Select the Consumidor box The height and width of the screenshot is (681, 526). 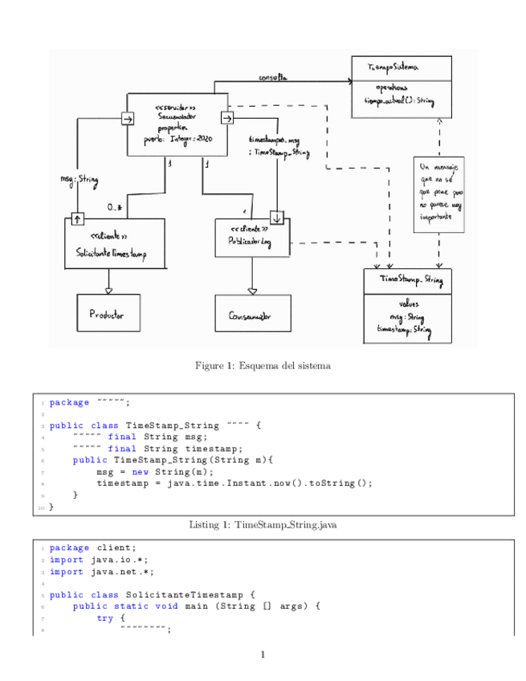[252, 316]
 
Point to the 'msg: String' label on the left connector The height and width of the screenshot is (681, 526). [79, 179]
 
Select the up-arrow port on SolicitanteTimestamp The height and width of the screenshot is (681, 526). [78, 219]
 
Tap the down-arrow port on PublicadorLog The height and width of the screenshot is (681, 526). [277, 218]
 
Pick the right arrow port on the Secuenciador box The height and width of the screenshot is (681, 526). [226, 119]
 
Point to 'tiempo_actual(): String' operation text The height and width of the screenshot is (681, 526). [399, 100]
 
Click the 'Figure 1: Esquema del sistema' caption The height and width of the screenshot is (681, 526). [263, 366]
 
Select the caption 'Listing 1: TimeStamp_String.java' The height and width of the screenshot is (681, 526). [263, 524]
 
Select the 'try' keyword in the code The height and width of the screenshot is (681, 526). [105, 618]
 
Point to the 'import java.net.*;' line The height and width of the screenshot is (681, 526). [101, 572]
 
